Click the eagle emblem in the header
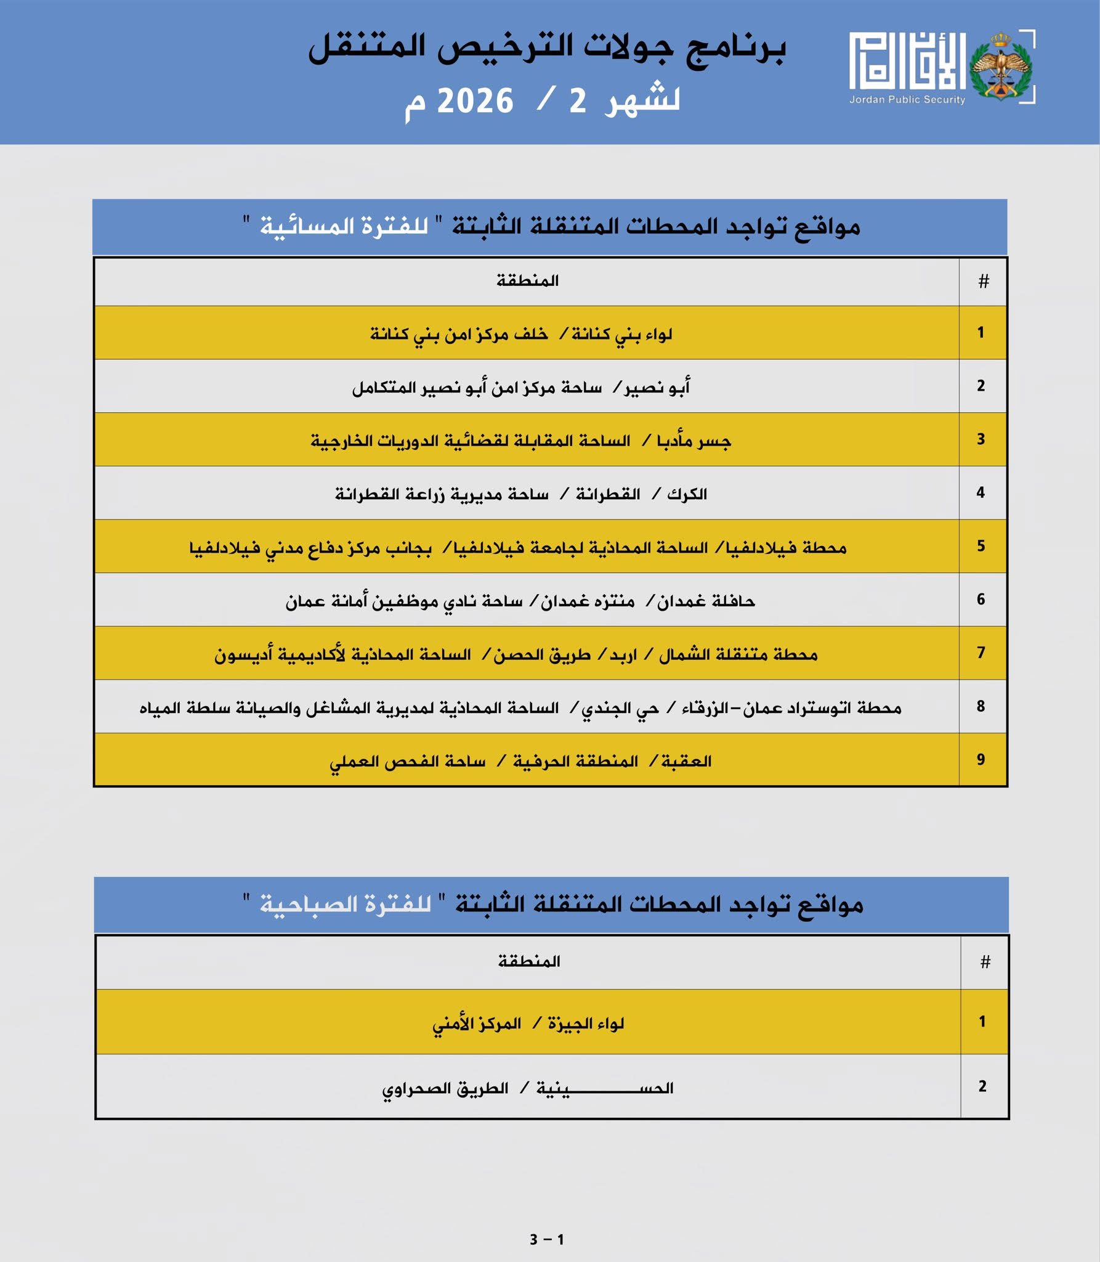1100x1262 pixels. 1000,67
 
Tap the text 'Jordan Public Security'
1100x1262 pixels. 907,100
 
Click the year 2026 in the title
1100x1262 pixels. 475,101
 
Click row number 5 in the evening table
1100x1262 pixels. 981,546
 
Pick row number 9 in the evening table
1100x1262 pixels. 981,760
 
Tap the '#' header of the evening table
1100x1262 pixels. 983,282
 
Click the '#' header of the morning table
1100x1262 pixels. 985,962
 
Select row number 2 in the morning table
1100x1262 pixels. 982,1086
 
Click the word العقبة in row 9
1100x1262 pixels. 686,762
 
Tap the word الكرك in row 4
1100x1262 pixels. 687,494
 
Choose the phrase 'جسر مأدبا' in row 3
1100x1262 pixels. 694,441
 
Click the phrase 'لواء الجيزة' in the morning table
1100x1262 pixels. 586,1024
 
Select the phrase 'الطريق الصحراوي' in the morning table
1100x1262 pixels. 445,1089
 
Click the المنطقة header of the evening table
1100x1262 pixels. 527,281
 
